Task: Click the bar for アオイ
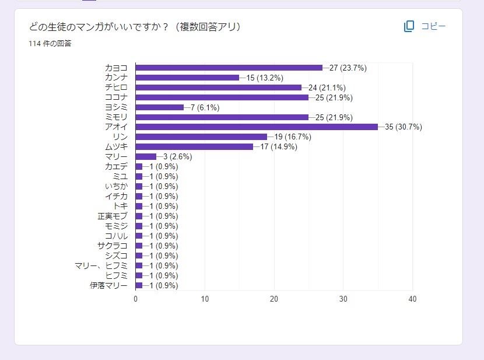[257, 127]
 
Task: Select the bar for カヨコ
[229, 68]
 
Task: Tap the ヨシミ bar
[159, 107]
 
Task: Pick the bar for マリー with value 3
[146, 156]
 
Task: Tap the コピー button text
[433, 26]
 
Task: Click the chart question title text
[135, 26]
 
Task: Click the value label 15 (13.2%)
[265, 78]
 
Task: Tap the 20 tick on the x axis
[274, 299]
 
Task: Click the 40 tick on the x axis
[412, 299]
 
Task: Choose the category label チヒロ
[116, 88]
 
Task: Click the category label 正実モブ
[112, 216]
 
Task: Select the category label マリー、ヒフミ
[101, 265]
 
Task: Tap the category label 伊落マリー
[108, 285]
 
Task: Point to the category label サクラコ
[112, 246]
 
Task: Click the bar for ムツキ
[194, 146]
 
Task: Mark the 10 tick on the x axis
[205, 299]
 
